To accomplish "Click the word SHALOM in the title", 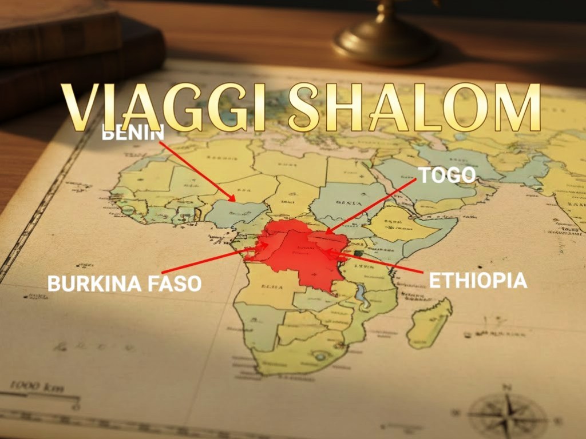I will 414,107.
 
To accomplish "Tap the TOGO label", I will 447,175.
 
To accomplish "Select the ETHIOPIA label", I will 477,281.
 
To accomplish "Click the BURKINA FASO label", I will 124,283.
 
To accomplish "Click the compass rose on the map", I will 507,413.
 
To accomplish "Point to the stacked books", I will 63,51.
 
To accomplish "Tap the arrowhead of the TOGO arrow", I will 327,232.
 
